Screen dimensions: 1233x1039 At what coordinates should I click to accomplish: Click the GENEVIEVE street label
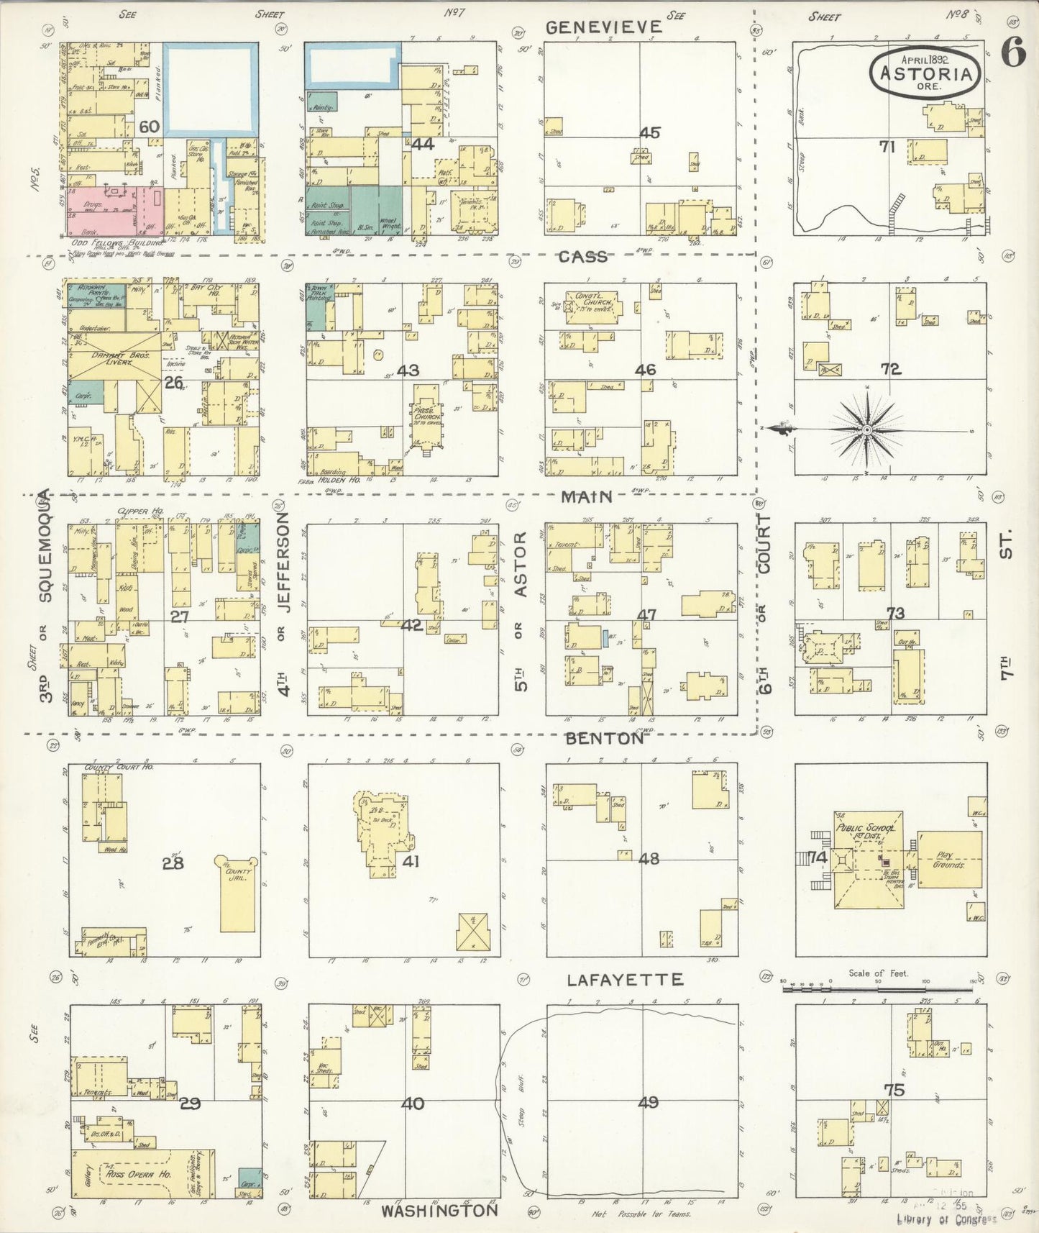603,27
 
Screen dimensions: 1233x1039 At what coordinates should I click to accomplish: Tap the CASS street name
583,258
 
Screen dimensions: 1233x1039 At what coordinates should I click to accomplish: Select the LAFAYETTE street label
624,980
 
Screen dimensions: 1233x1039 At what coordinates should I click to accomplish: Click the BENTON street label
604,739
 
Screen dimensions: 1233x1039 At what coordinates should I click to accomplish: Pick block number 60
149,127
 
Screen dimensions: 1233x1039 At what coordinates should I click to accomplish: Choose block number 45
649,133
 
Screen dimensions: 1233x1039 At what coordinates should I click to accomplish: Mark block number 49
648,1103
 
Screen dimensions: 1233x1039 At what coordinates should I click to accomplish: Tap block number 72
890,369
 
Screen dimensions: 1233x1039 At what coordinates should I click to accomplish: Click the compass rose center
866,429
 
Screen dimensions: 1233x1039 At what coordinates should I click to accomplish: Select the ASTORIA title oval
925,73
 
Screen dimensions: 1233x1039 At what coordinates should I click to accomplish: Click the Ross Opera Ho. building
142,1173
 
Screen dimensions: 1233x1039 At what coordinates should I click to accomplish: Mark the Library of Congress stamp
946,1218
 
